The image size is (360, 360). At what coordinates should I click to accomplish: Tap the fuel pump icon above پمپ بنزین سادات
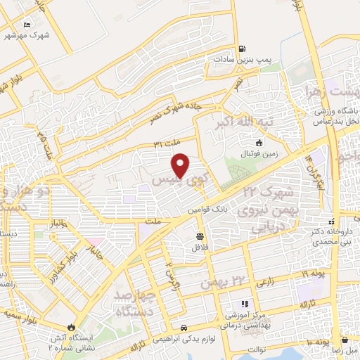tap(242, 49)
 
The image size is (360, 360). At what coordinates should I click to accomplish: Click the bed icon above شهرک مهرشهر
tap(27, 25)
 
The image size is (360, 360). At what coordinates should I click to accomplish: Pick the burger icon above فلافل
tap(200, 236)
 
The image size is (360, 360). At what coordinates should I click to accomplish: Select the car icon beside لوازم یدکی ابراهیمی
tap(183, 328)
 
